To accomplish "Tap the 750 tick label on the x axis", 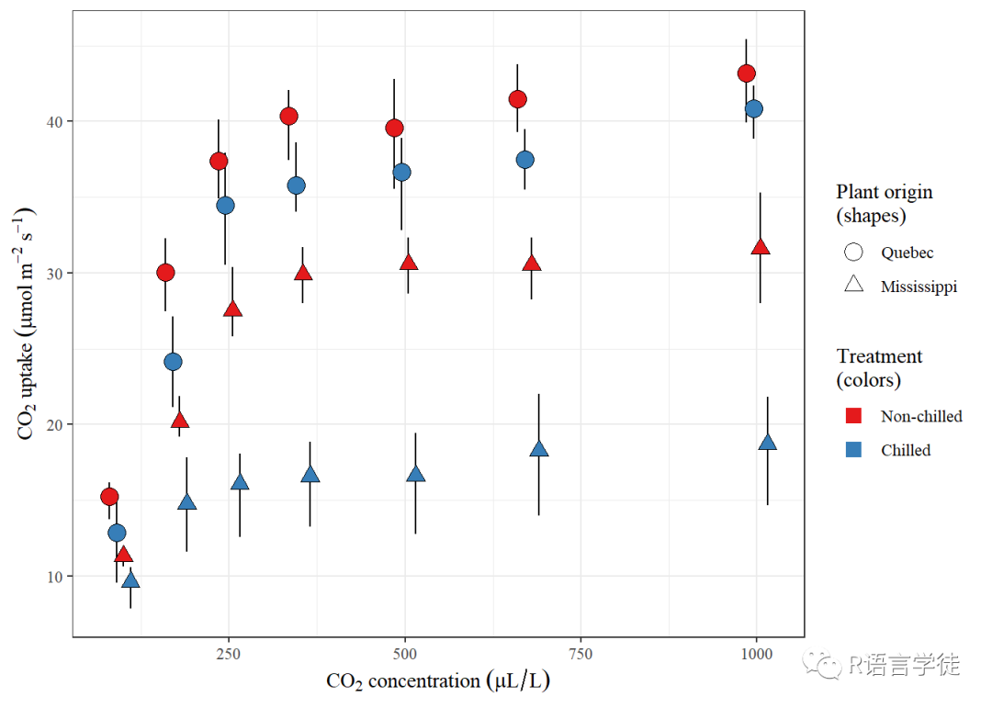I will (581, 653).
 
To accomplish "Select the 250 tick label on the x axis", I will (229, 653).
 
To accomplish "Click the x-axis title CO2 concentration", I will (438, 681).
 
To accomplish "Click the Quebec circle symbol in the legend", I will (853, 252).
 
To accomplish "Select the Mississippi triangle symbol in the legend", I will (853, 285).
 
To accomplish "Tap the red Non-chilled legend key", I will (853, 416).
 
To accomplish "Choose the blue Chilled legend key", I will (853, 450).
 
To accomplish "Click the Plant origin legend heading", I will (884, 203).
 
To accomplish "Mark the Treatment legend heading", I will (879, 367).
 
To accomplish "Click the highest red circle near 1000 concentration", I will (746, 73).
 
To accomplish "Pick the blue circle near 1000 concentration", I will (754, 108).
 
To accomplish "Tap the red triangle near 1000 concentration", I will (760, 247).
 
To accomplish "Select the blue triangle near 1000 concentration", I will (768, 443).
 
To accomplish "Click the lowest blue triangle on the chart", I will (130, 579).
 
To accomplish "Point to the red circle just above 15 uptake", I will (109, 497).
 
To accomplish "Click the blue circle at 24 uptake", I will (173, 362).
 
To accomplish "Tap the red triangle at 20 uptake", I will (180, 421).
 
